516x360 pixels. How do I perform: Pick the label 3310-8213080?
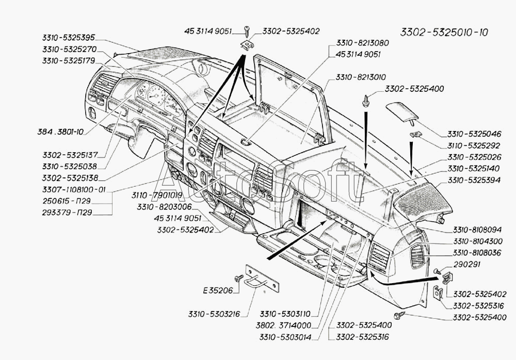362,43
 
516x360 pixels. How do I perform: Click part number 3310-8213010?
361,77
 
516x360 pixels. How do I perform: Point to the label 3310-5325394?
473,180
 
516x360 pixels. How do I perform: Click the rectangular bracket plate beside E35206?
264,281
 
